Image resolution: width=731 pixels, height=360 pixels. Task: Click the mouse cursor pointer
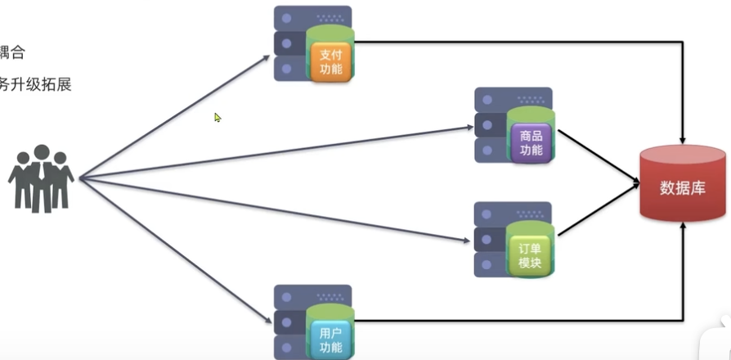point(218,117)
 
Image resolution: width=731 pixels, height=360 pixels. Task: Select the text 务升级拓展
point(36,83)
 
